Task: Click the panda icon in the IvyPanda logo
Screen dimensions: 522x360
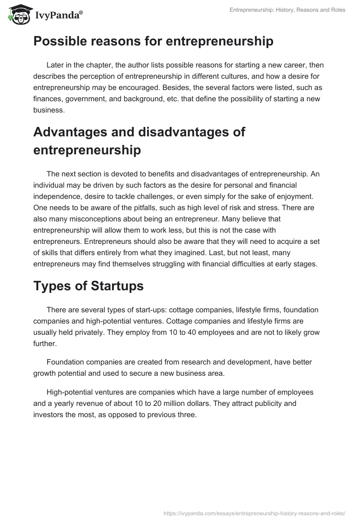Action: (x=18, y=15)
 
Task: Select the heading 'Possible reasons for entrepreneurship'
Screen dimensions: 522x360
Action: (x=153, y=41)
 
